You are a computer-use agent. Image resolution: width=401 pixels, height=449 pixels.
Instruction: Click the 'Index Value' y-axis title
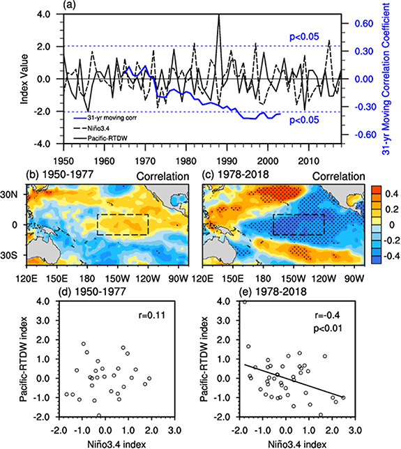25,79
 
